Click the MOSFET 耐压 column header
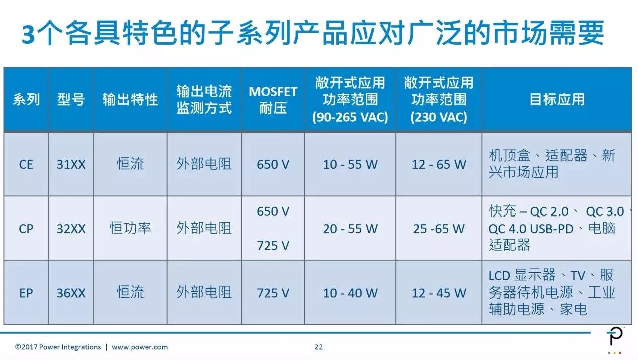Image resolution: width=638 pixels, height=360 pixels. click(x=273, y=100)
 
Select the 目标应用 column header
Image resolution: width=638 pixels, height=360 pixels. click(x=556, y=99)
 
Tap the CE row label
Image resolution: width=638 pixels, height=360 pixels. click(x=26, y=164)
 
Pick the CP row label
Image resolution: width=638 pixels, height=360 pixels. click(x=26, y=229)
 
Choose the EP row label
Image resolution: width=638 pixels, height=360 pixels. click(x=26, y=293)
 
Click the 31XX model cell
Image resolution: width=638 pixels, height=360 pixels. click(x=71, y=164)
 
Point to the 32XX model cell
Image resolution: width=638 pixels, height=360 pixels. click(x=71, y=229)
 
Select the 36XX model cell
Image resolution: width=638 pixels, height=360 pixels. click(x=71, y=293)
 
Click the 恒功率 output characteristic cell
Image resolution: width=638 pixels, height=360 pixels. click(x=130, y=229)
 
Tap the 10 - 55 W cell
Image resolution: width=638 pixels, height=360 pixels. click(x=350, y=164)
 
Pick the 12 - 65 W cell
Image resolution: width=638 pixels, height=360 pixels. click(x=439, y=164)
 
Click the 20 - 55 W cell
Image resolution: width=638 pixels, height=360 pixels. click(x=350, y=229)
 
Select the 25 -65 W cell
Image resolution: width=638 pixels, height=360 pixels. click(x=439, y=229)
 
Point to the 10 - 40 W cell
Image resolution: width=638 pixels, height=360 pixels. click(x=350, y=293)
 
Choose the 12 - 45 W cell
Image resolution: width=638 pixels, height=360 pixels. click(x=439, y=293)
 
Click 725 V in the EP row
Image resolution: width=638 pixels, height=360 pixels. click(x=273, y=293)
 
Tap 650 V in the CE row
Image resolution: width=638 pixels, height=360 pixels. click(x=273, y=164)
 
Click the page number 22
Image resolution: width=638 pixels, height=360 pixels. click(x=318, y=347)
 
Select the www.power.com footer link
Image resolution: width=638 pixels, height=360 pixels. click(x=139, y=347)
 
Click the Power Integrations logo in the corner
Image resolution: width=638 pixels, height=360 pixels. click(x=614, y=340)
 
